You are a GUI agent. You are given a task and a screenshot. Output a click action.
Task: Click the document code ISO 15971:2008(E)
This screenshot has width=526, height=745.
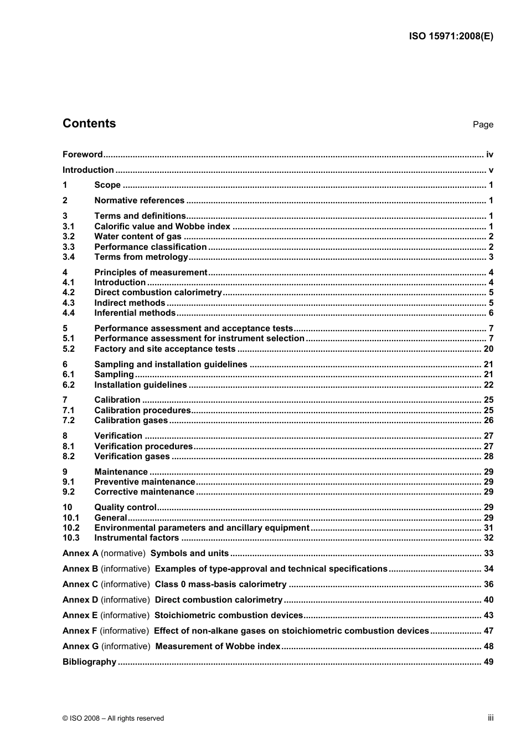451,37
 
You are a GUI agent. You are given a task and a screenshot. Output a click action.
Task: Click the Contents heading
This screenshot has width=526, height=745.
89,124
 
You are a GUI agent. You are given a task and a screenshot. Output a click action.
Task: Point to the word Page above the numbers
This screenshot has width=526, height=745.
483,125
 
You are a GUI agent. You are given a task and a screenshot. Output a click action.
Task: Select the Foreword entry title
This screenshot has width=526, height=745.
82,155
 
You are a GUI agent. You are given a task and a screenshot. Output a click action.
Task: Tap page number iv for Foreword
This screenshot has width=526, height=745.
489,155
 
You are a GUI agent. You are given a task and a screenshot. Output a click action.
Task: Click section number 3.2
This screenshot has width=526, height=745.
69,237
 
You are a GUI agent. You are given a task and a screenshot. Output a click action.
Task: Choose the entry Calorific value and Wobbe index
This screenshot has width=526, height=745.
162,226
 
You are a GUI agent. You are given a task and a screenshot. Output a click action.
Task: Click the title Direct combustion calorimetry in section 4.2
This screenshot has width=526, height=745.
158,292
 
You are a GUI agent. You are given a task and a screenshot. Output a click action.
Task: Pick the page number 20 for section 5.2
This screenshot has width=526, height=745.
488,349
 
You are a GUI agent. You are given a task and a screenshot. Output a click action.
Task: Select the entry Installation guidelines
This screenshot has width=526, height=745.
141,385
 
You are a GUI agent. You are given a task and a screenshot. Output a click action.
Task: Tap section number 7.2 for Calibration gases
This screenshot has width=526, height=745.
69,420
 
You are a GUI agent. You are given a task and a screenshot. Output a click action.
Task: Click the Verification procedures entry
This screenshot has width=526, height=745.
143,446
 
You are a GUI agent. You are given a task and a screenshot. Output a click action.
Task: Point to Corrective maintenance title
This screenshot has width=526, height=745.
144,492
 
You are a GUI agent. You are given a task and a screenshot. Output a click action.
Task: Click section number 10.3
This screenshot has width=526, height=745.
71,538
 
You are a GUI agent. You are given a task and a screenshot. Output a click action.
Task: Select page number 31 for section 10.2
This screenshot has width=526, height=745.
488,528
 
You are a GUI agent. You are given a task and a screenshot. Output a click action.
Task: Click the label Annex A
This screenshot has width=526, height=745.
80,553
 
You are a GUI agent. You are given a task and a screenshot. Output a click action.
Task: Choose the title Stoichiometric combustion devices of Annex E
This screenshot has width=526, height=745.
229,615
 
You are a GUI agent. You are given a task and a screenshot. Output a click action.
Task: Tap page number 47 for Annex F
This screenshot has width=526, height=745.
488,631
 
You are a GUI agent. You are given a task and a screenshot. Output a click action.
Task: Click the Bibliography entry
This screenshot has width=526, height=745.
89,662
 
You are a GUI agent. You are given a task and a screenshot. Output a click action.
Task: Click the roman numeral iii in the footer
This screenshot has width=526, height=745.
491,718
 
